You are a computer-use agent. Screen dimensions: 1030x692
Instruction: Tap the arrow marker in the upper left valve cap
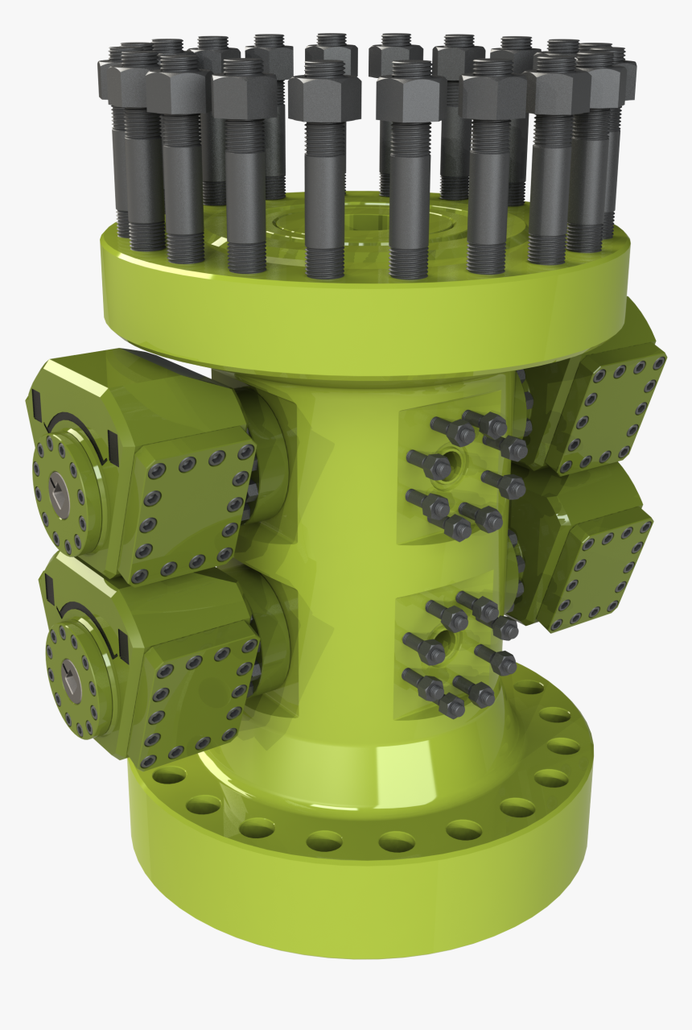point(58,487)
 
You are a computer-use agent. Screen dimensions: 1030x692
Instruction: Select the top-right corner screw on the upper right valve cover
point(658,362)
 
